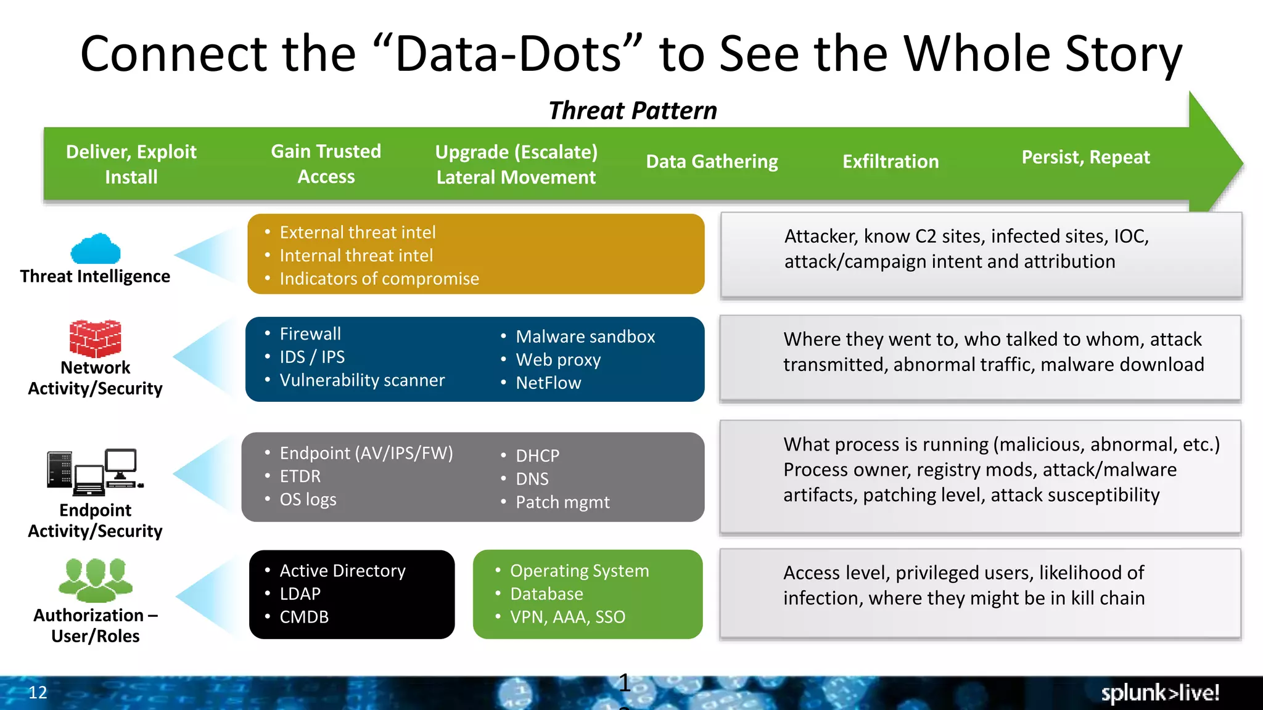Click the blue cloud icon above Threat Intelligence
coord(96,248)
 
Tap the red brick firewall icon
coord(95,338)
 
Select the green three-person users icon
coord(96,580)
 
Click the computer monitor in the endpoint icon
coord(121,463)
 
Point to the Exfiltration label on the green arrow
coord(891,161)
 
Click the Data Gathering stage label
coord(712,161)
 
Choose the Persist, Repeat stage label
coord(1085,157)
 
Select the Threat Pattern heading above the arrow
coord(633,111)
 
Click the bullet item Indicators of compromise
coord(379,279)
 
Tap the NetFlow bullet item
coord(548,383)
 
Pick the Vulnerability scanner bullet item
coord(362,380)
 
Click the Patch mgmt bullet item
coord(562,502)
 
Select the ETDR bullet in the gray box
coord(300,476)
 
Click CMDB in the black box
coord(304,617)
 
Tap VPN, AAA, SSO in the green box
coord(567,617)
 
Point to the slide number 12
coord(38,692)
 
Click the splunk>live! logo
coord(1160,693)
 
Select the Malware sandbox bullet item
coord(585,337)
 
